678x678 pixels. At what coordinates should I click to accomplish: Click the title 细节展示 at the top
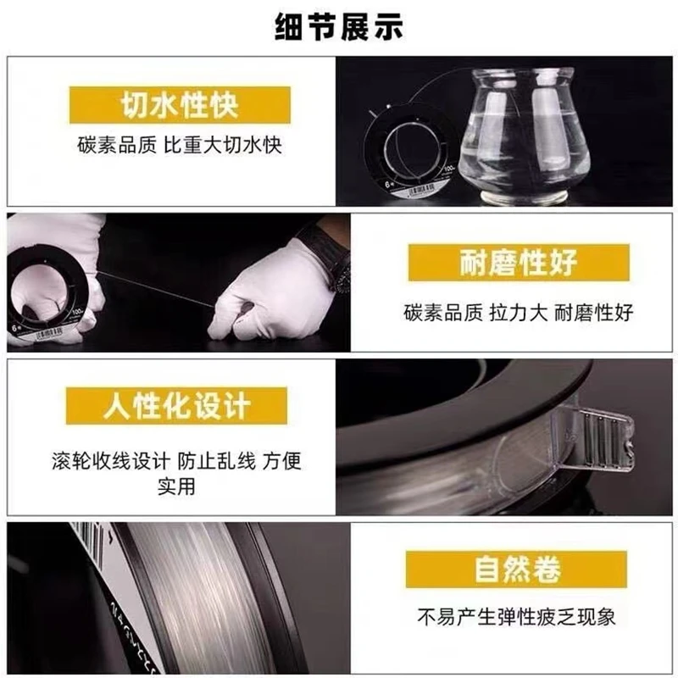339,27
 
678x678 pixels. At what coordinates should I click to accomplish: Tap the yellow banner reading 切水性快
180,105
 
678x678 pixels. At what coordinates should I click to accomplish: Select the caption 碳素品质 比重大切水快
180,145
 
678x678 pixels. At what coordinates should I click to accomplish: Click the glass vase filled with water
524,134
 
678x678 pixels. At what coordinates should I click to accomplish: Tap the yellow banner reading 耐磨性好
519,263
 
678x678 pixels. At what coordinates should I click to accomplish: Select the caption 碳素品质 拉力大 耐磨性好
519,313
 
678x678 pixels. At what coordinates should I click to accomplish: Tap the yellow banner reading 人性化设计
176,406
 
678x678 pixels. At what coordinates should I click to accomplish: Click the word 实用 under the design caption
176,486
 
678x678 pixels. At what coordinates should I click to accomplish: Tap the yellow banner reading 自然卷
517,569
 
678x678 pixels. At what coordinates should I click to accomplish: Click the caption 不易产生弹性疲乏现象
517,617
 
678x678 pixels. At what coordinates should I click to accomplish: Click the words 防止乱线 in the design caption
217,461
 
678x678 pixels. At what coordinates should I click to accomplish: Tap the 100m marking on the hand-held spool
78,312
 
